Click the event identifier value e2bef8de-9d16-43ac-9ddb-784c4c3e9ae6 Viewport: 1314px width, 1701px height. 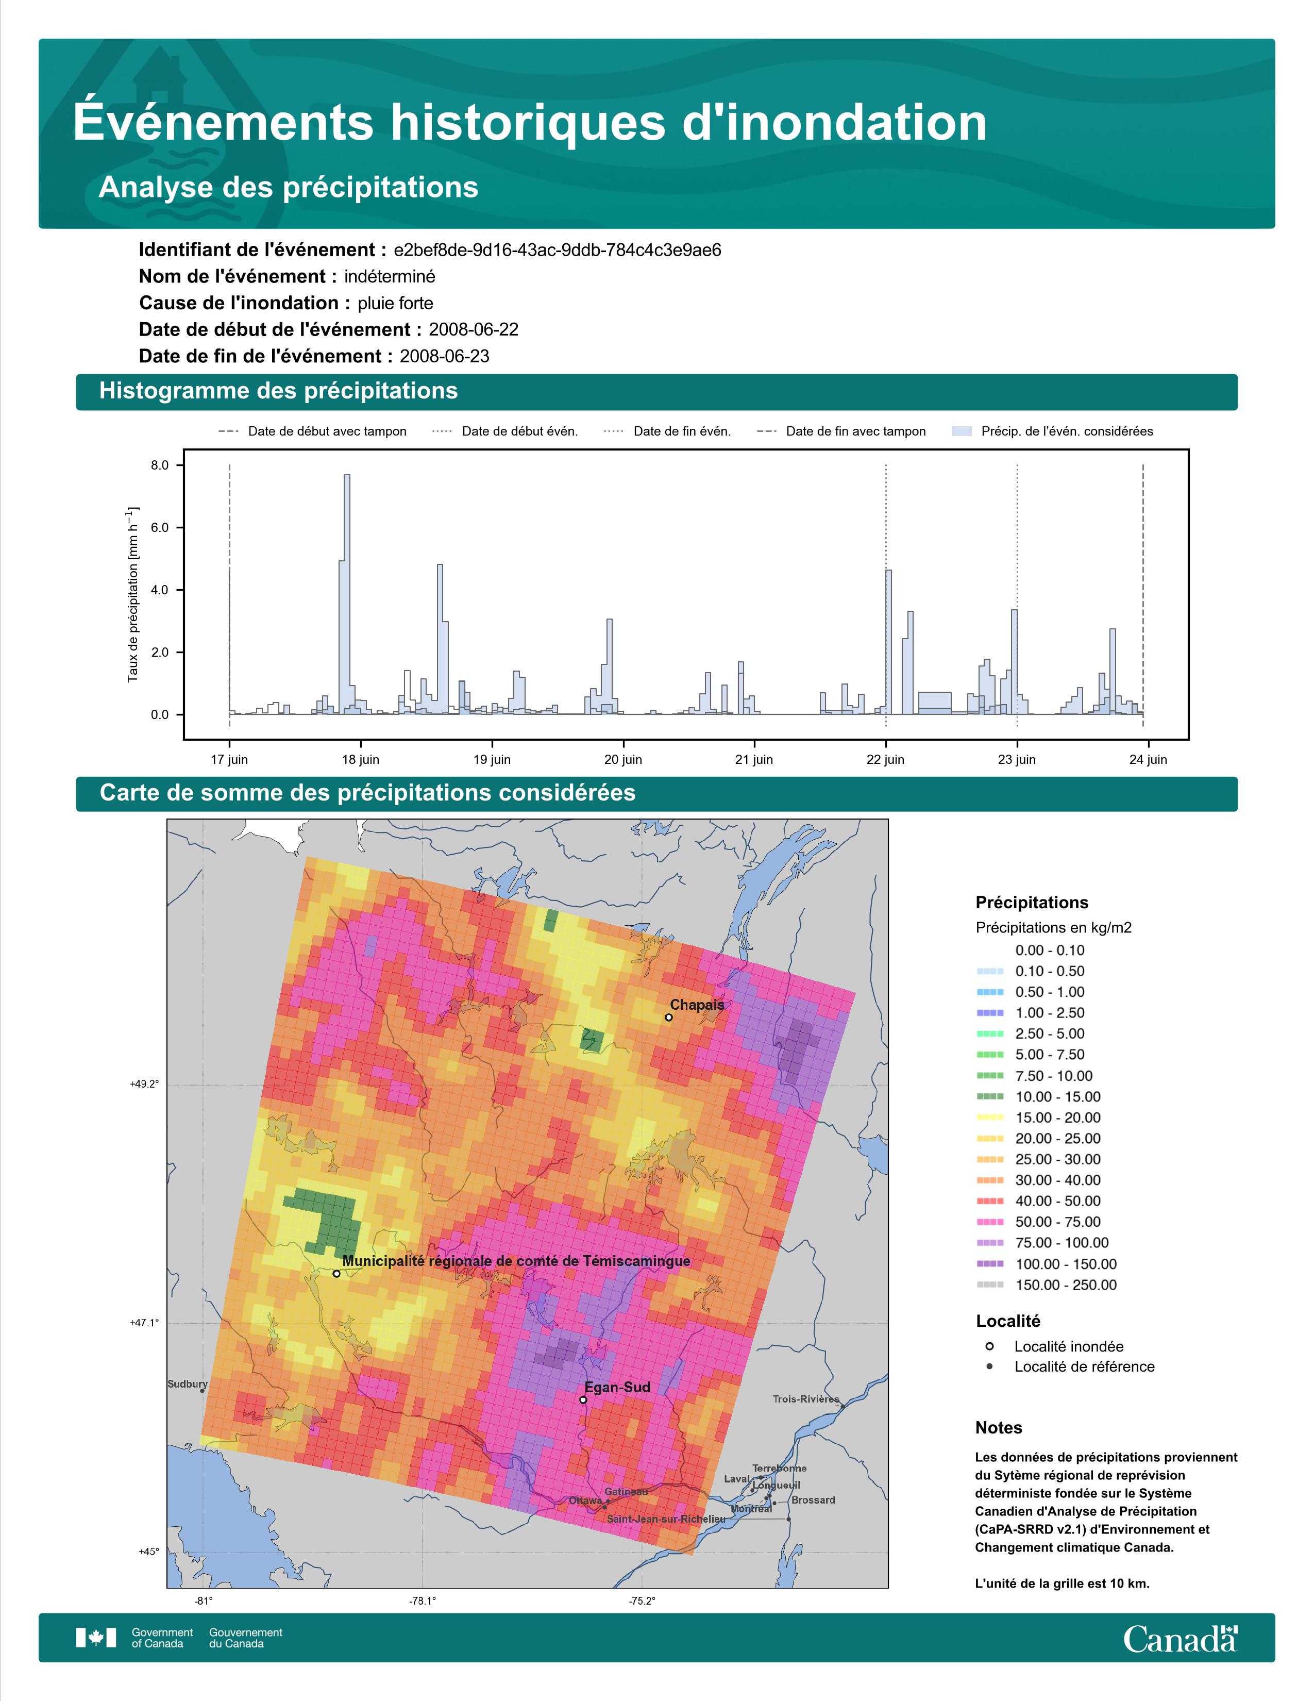coord(558,250)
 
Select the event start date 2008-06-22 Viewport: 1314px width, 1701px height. coord(473,329)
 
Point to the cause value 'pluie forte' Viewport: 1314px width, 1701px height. coord(395,303)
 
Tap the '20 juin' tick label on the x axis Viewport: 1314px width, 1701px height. coord(623,759)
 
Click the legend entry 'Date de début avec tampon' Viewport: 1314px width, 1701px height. coord(312,431)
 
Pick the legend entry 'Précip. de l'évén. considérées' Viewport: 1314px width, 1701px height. coord(1052,431)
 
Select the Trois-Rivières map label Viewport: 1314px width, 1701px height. coord(806,1399)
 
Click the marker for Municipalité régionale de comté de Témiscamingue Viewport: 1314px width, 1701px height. coord(336,1273)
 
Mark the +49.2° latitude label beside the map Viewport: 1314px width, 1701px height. coord(144,1083)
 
